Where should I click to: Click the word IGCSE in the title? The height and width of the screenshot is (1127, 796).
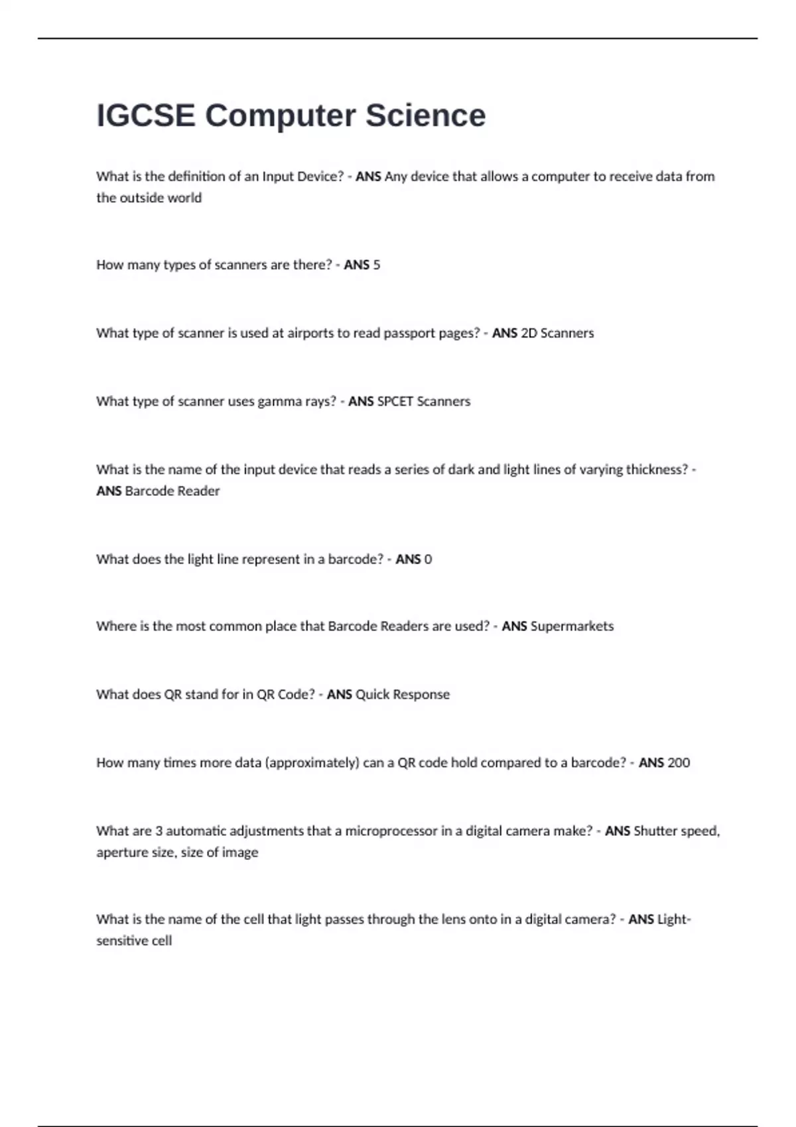(x=146, y=115)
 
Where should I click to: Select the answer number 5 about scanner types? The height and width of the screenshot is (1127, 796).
(x=377, y=265)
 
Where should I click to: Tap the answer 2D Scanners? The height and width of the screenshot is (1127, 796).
(x=557, y=333)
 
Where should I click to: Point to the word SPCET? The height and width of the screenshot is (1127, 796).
(x=395, y=402)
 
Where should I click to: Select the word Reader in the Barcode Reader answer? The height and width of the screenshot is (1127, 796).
(x=199, y=491)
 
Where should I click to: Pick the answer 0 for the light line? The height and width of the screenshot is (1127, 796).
(x=428, y=560)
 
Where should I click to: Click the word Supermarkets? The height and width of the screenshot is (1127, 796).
(x=572, y=626)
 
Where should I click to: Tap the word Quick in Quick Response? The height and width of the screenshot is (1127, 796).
(x=371, y=695)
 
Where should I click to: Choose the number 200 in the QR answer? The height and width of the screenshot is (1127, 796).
(x=679, y=763)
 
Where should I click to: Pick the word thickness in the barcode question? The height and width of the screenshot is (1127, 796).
(x=657, y=470)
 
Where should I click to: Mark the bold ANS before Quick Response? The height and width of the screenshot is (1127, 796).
(x=339, y=695)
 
